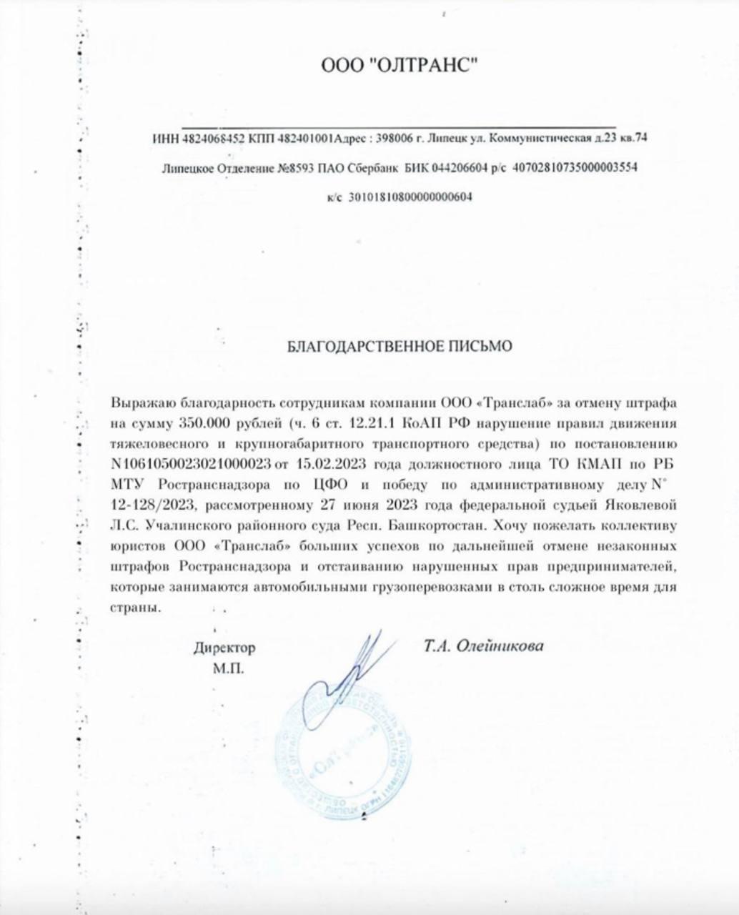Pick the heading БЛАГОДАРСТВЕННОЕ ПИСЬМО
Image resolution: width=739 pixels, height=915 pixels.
tap(400, 347)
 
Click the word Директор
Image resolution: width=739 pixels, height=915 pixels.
tap(224, 649)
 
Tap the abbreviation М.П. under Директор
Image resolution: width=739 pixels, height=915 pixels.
tap(228, 670)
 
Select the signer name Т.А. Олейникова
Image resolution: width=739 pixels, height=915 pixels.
tap(483, 646)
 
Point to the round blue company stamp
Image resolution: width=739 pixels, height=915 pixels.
tap(343, 758)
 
